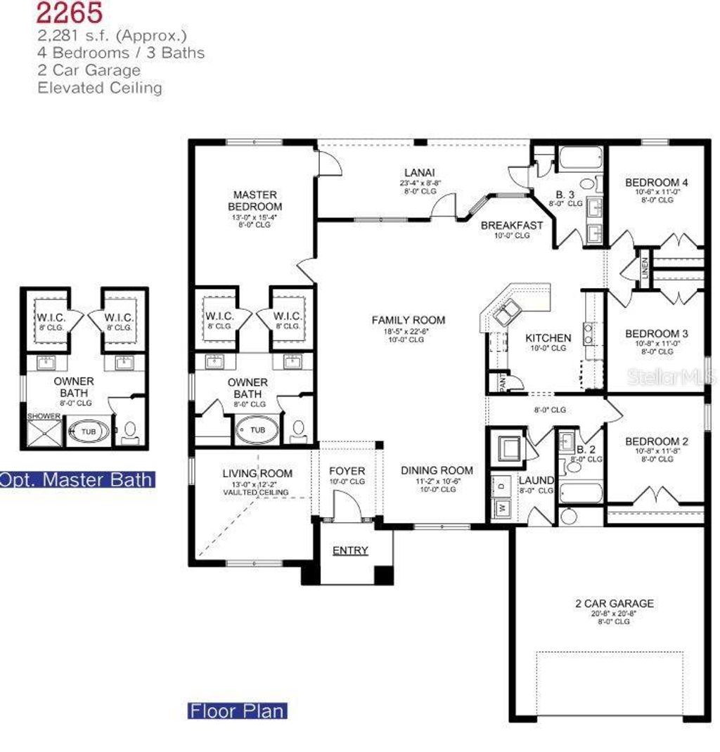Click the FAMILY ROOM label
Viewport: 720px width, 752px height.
pyautogui.click(x=409, y=320)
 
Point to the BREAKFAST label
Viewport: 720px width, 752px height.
pyautogui.click(x=512, y=226)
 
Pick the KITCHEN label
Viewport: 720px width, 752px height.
pyautogui.click(x=548, y=338)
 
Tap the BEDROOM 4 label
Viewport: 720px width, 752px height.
pyautogui.click(x=657, y=183)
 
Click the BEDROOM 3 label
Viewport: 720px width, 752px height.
pyautogui.click(x=657, y=333)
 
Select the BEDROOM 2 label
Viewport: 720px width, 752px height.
pyautogui.click(x=657, y=441)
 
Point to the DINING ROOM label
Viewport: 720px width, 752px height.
pyautogui.click(x=437, y=470)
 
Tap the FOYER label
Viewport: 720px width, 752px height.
pyautogui.click(x=347, y=470)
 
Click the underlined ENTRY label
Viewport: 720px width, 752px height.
pyautogui.click(x=349, y=550)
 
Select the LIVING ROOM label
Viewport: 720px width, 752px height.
pyautogui.click(x=257, y=474)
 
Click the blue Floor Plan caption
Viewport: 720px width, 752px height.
pyautogui.click(x=238, y=711)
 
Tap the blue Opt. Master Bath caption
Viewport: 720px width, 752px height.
pyautogui.click(x=76, y=479)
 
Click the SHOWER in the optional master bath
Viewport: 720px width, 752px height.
pyautogui.click(x=44, y=416)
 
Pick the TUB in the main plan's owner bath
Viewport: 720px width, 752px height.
pyautogui.click(x=258, y=429)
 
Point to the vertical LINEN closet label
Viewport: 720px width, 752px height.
pyautogui.click(x=645, y=268)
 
